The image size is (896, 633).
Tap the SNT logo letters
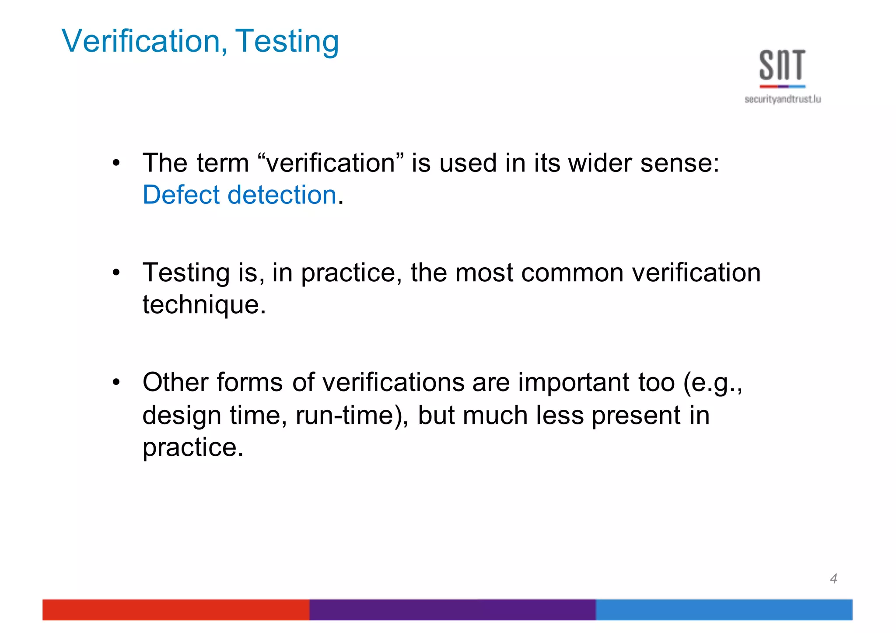point(782,66)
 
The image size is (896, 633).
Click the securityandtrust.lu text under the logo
point(783,99)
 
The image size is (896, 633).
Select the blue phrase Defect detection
point(239,195)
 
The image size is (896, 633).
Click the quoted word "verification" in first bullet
point(331,163)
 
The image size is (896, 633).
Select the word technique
point(204,304)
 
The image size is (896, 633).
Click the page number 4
point(833,578)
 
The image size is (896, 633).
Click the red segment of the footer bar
point(175,609)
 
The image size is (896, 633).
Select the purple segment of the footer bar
point(452,609)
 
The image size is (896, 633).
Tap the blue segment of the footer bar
point(724,609)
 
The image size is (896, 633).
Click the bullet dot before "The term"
point(116,164)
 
